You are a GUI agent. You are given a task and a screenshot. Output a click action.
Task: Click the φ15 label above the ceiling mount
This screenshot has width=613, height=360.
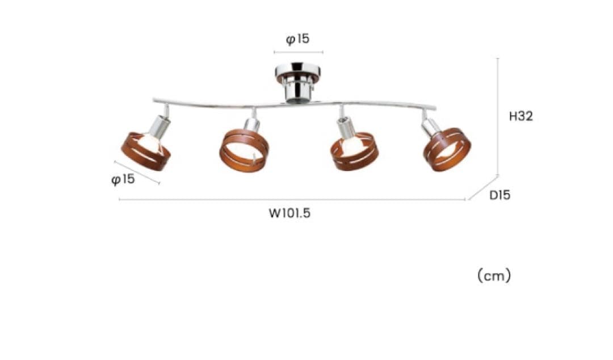coord(297,39)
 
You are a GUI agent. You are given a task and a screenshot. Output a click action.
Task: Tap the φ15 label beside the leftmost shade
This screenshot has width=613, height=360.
coord(123,179)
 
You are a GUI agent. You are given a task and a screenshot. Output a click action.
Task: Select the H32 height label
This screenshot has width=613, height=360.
coord(520,116)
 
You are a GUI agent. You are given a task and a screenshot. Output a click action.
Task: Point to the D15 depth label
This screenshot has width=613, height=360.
coord(500,195)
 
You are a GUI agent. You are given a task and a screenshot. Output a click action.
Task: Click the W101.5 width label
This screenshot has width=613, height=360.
coord(289,214)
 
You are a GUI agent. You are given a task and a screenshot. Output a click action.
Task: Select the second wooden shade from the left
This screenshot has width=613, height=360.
coord(244,150)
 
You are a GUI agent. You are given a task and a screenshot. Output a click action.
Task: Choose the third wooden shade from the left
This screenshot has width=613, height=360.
coord(354,152)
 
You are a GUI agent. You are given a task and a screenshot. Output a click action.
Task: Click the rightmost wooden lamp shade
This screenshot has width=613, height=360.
coord(447,149)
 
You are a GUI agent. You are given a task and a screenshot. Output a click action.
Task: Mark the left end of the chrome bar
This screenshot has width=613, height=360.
coord(154,101)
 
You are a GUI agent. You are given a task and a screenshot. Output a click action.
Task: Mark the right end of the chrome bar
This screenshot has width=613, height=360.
coord(435,108)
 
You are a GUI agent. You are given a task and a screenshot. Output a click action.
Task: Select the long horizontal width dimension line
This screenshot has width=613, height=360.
coord(292,199)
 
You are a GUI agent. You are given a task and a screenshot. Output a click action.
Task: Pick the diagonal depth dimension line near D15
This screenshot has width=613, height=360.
coord(483,188)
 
